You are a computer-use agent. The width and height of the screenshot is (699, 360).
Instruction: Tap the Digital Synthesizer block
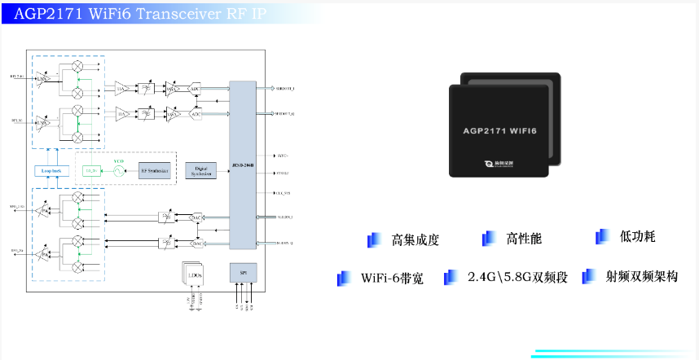click(201, 169)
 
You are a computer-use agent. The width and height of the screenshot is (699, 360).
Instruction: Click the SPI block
click(244, 272)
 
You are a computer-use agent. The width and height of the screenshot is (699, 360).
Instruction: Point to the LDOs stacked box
click(194, 275)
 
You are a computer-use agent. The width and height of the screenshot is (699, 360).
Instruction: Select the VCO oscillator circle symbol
click(116, 170)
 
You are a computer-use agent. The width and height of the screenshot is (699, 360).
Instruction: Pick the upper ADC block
click(196, 90)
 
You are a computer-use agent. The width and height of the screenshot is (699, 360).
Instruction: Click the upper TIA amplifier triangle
click(121, 89)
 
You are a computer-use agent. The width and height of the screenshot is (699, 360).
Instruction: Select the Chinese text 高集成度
click(415, 239)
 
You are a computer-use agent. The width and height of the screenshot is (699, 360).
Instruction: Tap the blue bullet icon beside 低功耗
click(602, 236)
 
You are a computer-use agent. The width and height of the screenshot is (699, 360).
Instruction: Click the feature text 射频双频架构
click(641, 276)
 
